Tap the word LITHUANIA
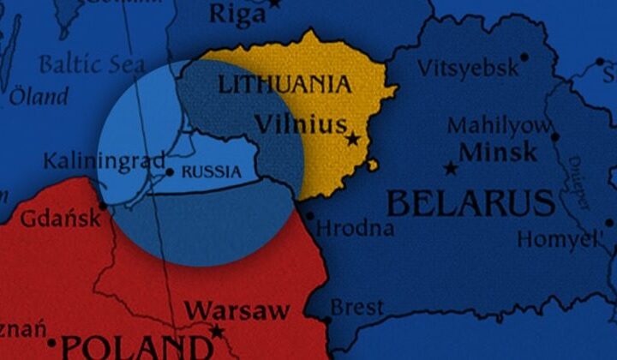click(285, 84)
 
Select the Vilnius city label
click(301, 124)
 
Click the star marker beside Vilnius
click(352, 139)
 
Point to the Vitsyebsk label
click(469, 69)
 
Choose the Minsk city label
click(499, 153)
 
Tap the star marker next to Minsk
click(450, 167)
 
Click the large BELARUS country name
click(470, 204)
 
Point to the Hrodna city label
click(356, 229)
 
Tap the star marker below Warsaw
click(217, 331)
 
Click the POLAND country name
click(137, 347)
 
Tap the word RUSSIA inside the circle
click(212, 171)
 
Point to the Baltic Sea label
click(92, 64)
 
